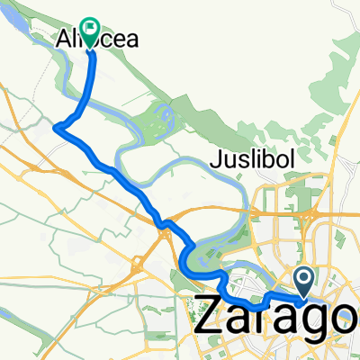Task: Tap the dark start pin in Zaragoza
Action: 304,280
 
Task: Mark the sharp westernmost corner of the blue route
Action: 56,128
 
